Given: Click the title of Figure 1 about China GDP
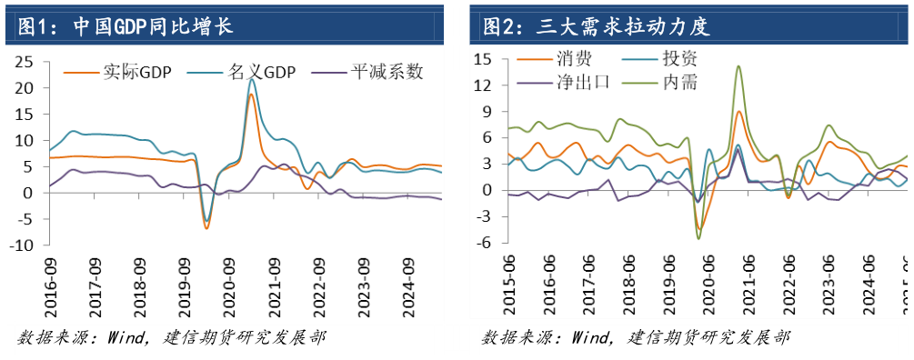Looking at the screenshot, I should pyautogui.click(x=124, y=26).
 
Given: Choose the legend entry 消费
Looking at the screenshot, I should pyautogui.click(x=573, y=60).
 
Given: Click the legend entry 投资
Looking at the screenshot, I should pyautogui.click(x=680, y=60).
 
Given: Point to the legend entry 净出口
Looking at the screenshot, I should pyautogui.click(x=582, y=83).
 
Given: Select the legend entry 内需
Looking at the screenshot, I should pyautogui.click(x=680, y=83).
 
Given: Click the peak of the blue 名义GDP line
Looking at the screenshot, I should pyautogui.click(x=252, y=79).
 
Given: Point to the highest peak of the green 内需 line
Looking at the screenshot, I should pyautogui.click(x=738, y=65).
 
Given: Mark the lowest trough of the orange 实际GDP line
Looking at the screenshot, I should pyautogui.click(x=206, y=228).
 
